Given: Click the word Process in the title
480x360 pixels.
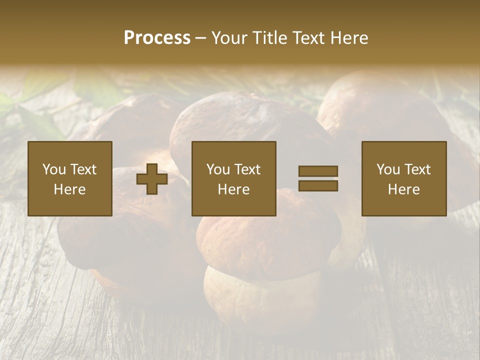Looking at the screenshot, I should (157, 38).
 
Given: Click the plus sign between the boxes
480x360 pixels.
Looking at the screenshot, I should (152, 178).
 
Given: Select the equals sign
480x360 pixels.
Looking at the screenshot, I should (318, 178).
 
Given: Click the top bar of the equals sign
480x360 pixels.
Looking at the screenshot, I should (318, 171).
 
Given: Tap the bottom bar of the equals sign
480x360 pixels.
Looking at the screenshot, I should (318, 186).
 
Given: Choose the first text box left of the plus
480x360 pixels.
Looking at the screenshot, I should (70, 178).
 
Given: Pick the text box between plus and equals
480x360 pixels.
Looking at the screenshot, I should (234, 178).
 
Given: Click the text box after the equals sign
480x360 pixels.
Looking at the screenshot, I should (404, 178).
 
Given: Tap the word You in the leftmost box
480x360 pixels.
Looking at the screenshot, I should (54, 169).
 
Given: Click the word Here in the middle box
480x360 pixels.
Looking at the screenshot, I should (234, 189).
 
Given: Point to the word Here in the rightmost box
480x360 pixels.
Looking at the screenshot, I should (404, 189).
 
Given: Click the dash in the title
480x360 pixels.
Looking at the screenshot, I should (201, 38).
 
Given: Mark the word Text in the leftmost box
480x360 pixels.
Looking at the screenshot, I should (83, 169).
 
